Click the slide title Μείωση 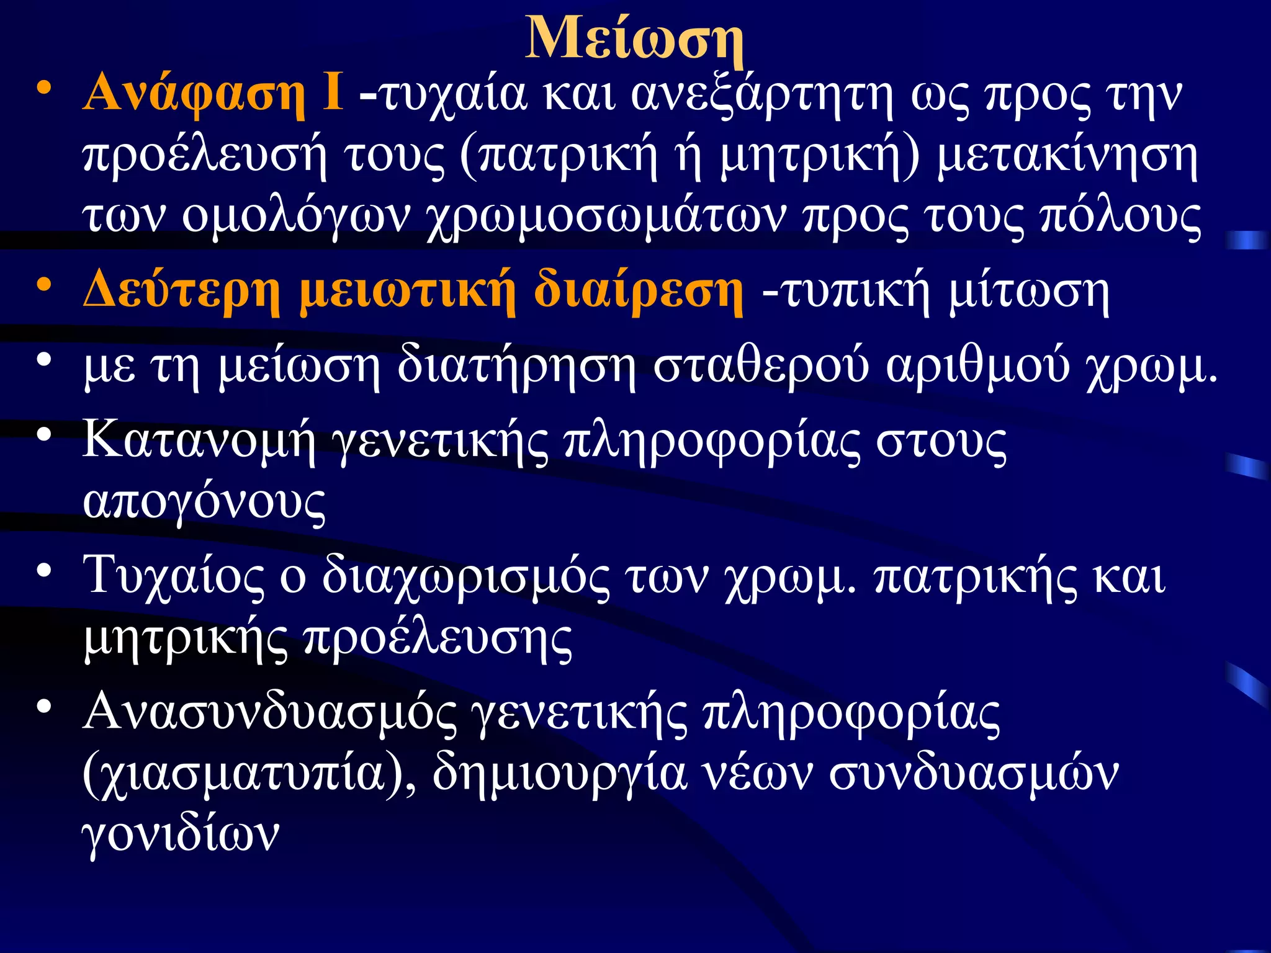coord(634,38)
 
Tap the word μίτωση coord(1029,292)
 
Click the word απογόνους coord(204,503)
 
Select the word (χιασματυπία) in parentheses coord(248,776)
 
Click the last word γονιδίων coord(181,834)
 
